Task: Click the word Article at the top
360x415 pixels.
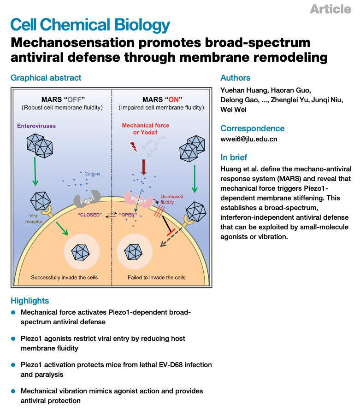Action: coord(330,9)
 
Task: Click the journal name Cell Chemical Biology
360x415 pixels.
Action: coord(90,25)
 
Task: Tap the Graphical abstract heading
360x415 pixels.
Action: coord(46,78)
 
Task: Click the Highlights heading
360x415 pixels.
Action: coord(30,301)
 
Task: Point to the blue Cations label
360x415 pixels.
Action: coord(92,174)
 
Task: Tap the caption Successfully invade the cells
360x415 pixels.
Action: coord(64,278)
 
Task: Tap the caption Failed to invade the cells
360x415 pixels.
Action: coord(156,278)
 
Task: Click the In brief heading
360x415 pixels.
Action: coord(235,158)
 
